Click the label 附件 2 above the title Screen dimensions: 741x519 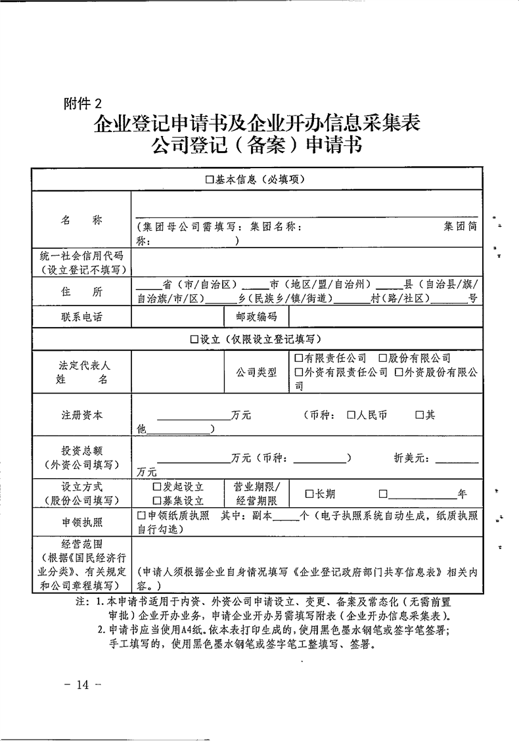coord(83,103)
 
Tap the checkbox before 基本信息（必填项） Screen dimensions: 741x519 coord(210,179)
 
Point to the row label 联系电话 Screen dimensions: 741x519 coord(82,317)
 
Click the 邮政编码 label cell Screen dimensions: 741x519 coord(256,317)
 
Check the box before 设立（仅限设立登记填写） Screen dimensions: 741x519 coord(194,339)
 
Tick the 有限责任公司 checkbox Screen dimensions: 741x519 coord(299,358)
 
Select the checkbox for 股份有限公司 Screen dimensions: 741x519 coord(382,358)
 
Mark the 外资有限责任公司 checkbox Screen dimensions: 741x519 coord(299,372)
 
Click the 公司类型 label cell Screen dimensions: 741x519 coord(256,372)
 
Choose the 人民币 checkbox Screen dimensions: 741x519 coord(351,415)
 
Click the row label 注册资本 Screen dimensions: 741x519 coord(82,415)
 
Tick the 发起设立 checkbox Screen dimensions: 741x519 coord(157,487)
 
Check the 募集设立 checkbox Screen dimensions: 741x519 coord(157,501)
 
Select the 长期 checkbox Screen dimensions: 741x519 coord(309,494)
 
